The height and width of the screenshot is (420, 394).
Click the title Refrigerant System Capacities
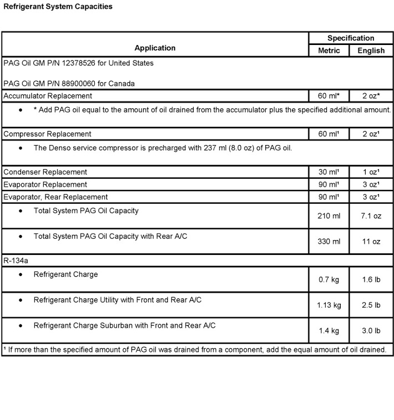coord(58,7)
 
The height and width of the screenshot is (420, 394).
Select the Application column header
coord(155,48)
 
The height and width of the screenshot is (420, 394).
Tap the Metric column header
coord(329,51)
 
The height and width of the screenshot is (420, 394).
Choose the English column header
coord(371,51)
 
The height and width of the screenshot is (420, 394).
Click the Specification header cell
coord(350,38)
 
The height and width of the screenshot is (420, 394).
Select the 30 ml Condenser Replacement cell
coord(329,172)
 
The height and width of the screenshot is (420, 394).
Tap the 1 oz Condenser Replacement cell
coord(371,172)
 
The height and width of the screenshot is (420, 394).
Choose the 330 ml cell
coord(329,242)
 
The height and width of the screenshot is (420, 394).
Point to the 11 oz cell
coord(371,242)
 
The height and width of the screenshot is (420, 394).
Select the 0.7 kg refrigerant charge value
coord(329,279)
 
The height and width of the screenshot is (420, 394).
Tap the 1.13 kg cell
coord(329,305)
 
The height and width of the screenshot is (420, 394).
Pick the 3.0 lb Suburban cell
coord(371,331)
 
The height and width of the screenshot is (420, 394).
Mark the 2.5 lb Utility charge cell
coord(371,305)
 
